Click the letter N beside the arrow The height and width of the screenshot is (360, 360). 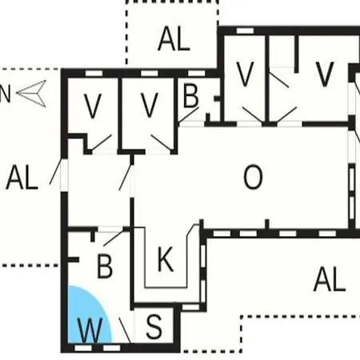pyautogui.click(x=5, y=94)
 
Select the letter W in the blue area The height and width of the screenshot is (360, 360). pyautogui.click(x=90, y=330)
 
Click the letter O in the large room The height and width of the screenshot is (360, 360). pyautogui.click(x=253, y=177)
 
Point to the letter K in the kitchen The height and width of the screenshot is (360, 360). pyautogui.click(x=166, y=259)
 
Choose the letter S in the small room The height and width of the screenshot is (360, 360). pyautogui.click(x=154, y=326)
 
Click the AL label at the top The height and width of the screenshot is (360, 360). pyautogui.click(x=174, y=39)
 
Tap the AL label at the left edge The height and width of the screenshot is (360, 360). pyautogui.click(x=22, y=178)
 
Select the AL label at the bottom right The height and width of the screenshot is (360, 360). pyautogui.click(x=330, y=279)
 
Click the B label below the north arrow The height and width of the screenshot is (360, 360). pyautogui.click(x=105, y=266)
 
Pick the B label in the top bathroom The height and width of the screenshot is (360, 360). pyautogui.click(x=191, y=96)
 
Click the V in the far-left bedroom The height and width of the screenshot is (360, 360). pyautogui.click(x=93, y=106)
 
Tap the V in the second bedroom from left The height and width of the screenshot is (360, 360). pyautogui.click(x=149, y=106)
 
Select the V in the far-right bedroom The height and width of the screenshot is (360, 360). pyautogui.click(x=324, y=74)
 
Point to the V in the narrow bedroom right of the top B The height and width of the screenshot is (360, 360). pyautogui.click(x=245, y=74)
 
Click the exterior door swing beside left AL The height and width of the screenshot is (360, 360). pyautogui.click(x=56, y=171)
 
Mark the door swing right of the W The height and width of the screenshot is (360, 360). pyautogui.click(x=125, y=330)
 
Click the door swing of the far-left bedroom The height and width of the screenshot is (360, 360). pyautogui.click(x=102, y=143)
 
